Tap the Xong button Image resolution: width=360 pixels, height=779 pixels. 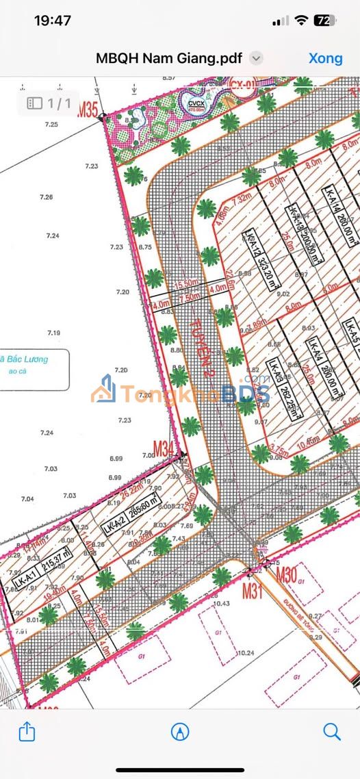pyautogui.click(x=326, y=58)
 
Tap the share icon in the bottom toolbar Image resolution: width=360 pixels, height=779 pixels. pyautogui.click(x=27, y=731)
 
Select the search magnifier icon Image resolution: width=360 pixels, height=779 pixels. pyautogui.click(x=332, y=731)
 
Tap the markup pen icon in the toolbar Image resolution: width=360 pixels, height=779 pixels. pyautogui.click(x=180, y=731)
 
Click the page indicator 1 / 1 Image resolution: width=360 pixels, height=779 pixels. pyautogui.click(x=50, y=103)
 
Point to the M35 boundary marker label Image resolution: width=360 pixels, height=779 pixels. pyautogui.click(x=88, y=108)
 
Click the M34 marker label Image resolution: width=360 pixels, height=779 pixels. pyautogui.click(x=164, y=449)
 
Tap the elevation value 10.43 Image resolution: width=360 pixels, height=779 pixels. pyautogui.click(x=221, y=604)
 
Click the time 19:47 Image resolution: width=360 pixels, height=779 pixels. pyautogui.click(x=53, y=21)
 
